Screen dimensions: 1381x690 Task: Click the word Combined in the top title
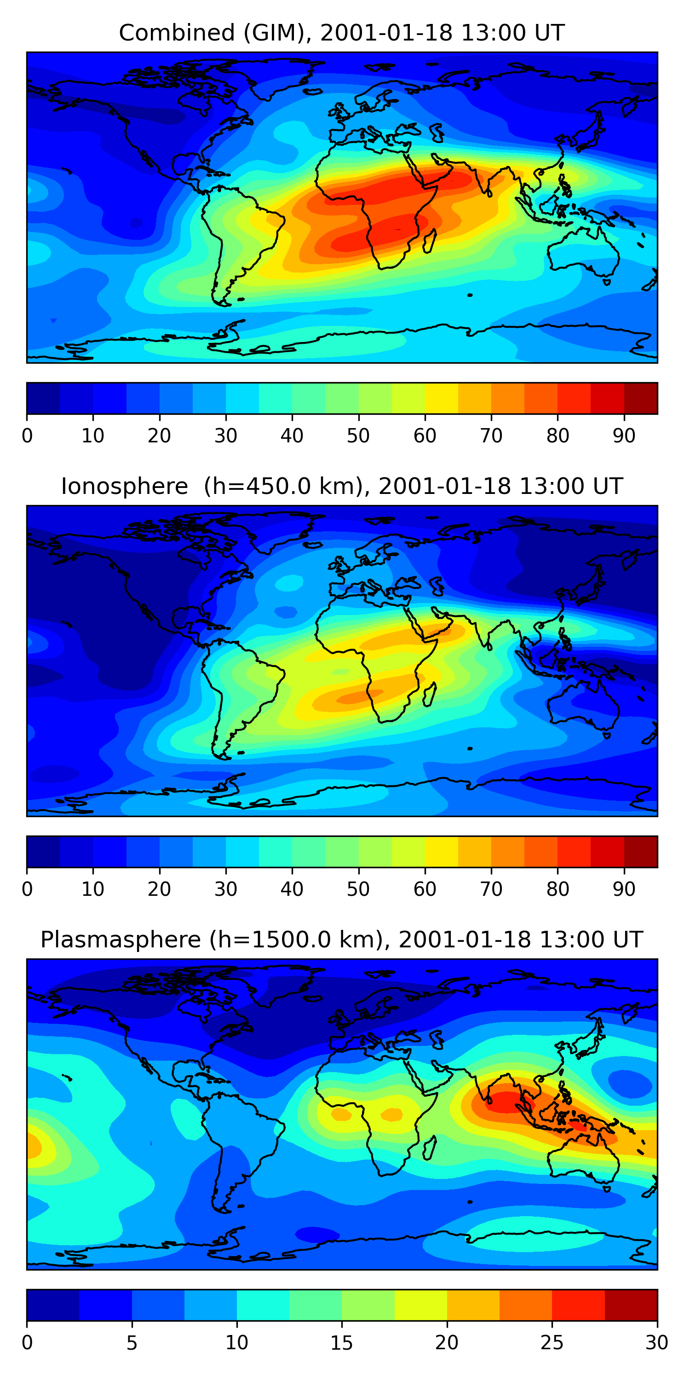pyautogui.click(x=177, y=33)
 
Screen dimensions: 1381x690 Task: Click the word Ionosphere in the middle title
pyautogui.click(x=124, y=486)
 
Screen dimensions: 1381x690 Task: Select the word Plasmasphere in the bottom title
pyautogui.click(x=121, y=940)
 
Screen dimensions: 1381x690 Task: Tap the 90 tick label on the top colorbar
pyautogui.click(x=624, y=436)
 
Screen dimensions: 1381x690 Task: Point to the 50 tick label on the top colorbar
pyautogui.click(x=358, y=436)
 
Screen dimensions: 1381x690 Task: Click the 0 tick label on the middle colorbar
pyautogui.click(x=27, y=889)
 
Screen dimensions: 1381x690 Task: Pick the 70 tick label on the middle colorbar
pyautogui.click(x=491, y=889)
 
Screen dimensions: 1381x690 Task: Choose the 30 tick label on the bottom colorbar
pyautogui.click(x=657, y=1343)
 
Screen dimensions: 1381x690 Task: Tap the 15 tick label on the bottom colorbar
pyautogui.click(x=342, y=1343)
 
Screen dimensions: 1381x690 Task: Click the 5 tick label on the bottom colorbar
pyautogui.click(x=132, y=1343)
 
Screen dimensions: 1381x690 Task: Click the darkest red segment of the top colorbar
pyautogui.click(x=641, y=398)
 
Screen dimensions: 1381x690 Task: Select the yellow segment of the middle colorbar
pyautogui.click(x=442, y=852)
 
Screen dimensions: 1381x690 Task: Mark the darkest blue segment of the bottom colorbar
pyautogui.click(x=53, y=1306)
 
